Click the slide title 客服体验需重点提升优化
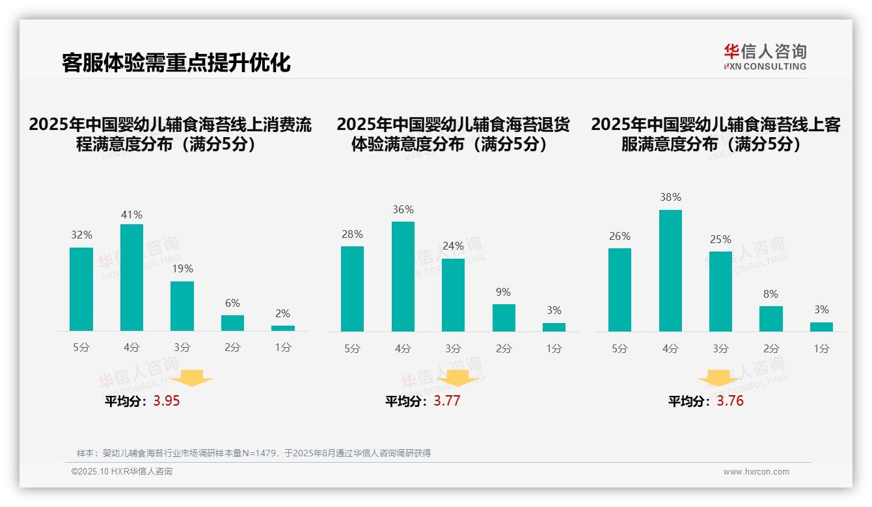176,63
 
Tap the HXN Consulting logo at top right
765,57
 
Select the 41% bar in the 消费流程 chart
131,278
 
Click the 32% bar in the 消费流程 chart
81,289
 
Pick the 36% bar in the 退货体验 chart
403,276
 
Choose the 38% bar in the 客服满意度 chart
670,270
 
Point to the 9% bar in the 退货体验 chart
504,318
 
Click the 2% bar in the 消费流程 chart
283,328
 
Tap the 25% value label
720,239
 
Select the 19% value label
182,268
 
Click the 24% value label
453,246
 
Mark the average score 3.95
167,401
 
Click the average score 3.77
447,401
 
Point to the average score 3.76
730,401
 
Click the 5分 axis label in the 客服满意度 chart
620,348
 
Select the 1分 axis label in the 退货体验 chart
554,348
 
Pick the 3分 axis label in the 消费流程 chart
182,348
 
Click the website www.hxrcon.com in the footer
756,472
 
